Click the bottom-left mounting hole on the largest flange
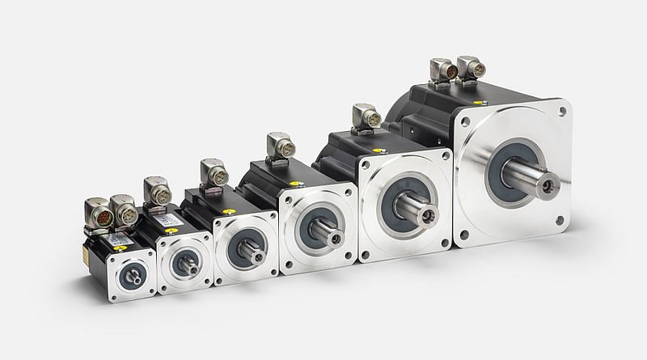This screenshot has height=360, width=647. (x=464, y=235)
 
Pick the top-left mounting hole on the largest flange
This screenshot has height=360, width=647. (x=465, y=123)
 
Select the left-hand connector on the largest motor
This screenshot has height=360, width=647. (x=444, y=70)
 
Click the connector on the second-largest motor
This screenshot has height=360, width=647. (x=367, y=117)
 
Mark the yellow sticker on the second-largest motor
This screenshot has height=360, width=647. (x=376, y=150)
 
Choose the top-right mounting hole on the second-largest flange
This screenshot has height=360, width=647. (x=444, y=156)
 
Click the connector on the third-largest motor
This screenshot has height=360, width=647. (x=281, y=146)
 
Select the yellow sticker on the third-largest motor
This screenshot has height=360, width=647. (x=297, y=184)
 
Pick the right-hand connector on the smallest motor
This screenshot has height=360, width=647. (x=125, y=212)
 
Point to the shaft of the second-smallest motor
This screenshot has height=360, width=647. (x=188, y=265)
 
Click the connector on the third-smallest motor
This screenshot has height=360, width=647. (x=214, y=173)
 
